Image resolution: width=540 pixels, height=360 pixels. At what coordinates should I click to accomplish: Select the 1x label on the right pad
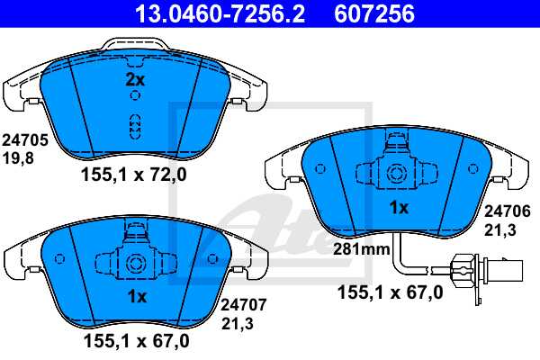click(x=398, y=208)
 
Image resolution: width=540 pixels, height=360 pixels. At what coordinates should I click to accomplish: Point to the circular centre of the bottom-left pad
click(x=136, y=264)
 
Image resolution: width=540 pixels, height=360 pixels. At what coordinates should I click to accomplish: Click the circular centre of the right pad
click(x=397, y=174)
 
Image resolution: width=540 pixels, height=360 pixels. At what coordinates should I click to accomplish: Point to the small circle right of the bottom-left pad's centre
click(x=212, y=260)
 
